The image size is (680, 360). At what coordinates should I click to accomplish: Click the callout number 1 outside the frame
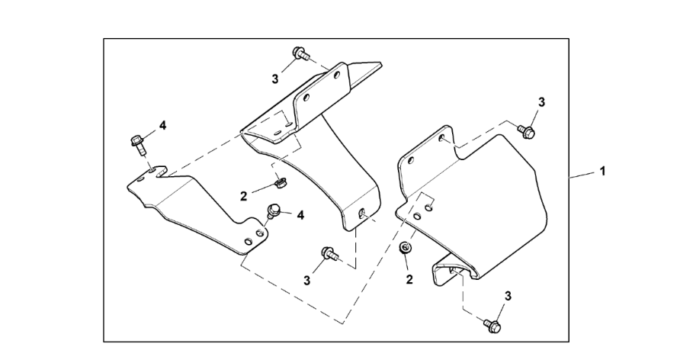pyautogui.click(x=602, y=171)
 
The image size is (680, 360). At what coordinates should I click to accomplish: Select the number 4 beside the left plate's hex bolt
pyautogui.click(x=162, y=124)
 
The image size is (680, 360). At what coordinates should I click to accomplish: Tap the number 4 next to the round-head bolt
pyautogui.click(x=300, y=216)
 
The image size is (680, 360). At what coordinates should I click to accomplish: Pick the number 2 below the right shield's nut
pyautogui.click(x=409, y=279)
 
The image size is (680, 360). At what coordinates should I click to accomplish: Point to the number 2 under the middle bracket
pyautogui.click(x=244, y=196)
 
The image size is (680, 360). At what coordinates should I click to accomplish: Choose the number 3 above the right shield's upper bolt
pyautogui.click(x=542, y=102)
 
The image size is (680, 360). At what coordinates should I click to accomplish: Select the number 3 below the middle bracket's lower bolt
pyautogui.click(x=307, y=280)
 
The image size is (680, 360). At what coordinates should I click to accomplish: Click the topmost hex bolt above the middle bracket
pyautogui.click(x=299, y=54)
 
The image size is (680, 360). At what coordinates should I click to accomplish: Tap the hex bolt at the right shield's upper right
pyautogui.click(x=525, y=132)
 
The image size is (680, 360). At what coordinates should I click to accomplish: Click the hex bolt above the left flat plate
pyautogui.click(x=138, y=142)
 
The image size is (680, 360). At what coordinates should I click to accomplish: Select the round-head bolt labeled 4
pyautogui.click(x=272, y=208)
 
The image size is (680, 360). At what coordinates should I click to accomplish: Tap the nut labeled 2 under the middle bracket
pyautogui.click(x=279, y=183)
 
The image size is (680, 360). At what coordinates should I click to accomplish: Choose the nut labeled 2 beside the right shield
pyautogui.click(x=406, y=249)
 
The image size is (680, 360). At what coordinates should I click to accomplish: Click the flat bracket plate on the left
pyautogui.click(x=198, y=210)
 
